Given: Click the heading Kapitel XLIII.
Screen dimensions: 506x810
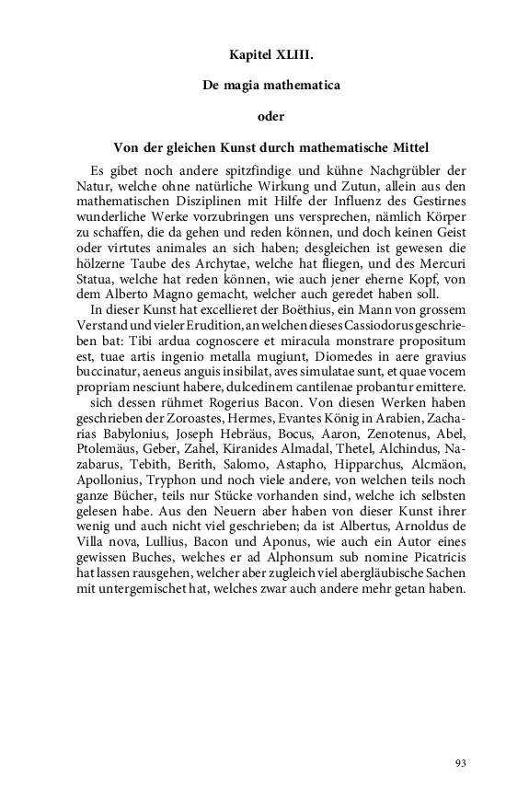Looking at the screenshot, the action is click(271, 56).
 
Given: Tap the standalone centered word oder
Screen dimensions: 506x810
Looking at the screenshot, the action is click(271, 115).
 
